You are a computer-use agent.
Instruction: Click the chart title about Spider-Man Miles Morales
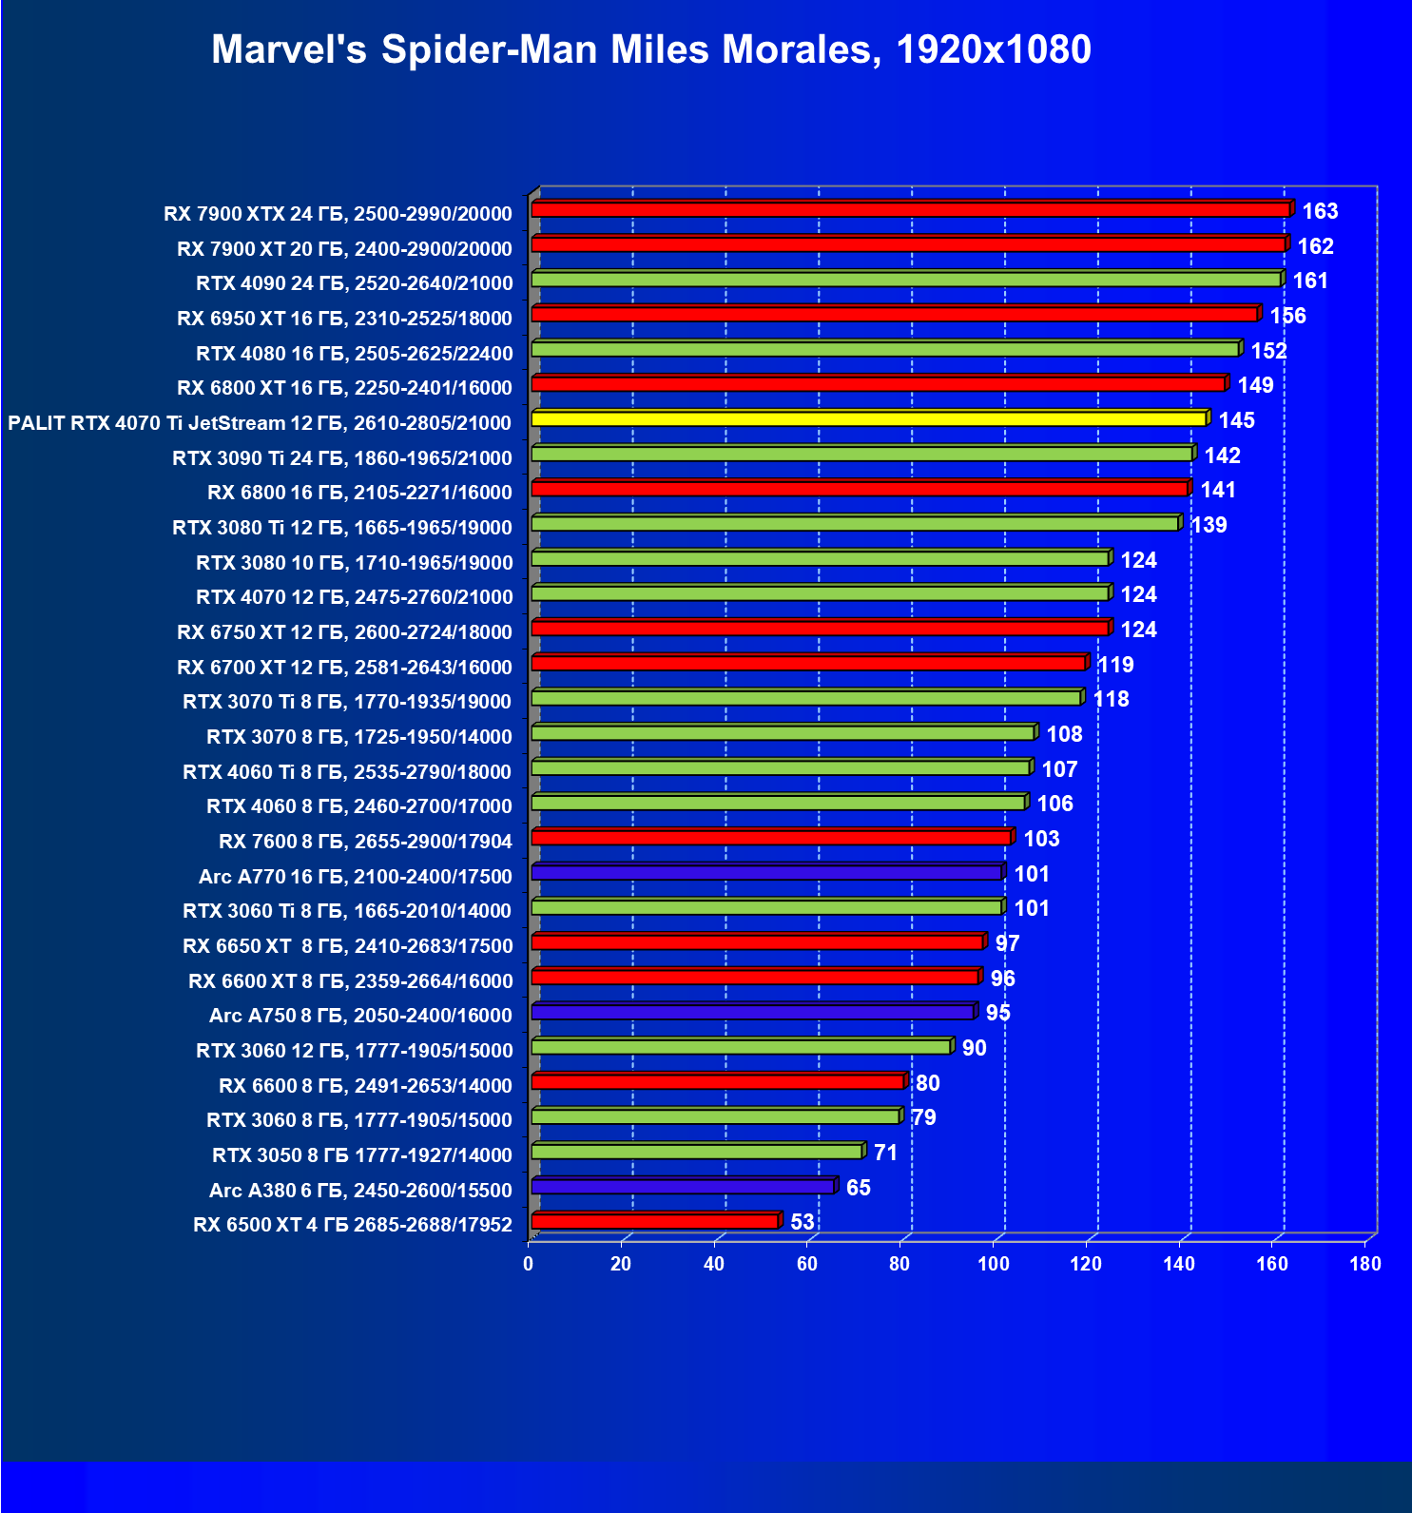point(650,49)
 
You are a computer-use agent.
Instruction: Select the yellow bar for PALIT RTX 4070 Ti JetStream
point(869,418)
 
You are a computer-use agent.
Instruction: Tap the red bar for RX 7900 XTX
point(910,209)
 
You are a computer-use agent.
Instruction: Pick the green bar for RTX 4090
point(906,280)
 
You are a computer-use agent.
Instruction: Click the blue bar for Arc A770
point(766,872)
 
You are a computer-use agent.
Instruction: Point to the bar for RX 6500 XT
point(655,1221)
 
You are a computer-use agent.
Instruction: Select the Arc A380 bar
point(683,1186)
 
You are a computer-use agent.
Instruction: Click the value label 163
point(1320,211)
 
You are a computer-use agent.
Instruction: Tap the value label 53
point(802,1222)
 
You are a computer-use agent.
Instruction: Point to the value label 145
point(1236,420)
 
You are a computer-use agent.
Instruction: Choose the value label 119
point(1115,665)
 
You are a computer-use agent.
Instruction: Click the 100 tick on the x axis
point(994,1264)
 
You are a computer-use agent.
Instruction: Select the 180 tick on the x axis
point(1365,1264)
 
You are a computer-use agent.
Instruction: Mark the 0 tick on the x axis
point(529,1264)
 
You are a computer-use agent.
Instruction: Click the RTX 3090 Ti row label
point(342,458)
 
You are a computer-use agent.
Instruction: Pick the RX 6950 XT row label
point(344,319)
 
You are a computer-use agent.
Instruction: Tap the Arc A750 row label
point(360,1016)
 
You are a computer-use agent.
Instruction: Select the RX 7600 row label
point(365,842)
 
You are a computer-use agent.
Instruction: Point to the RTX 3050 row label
point(361,1155)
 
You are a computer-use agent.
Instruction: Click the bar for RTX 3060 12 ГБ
point(741,1047)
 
